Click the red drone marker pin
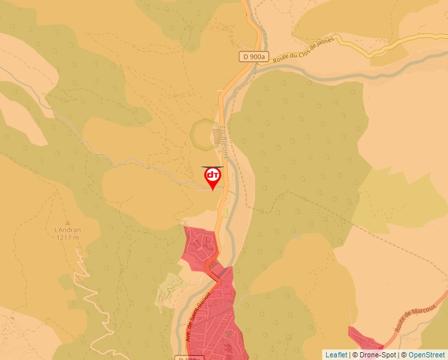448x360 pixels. [212, 178]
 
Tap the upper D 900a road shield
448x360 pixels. [252, 57]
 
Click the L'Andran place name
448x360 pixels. [67, 229]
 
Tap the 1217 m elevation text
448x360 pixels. [67, 237]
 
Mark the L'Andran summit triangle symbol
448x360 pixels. [67, 222]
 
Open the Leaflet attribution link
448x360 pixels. [336, 355]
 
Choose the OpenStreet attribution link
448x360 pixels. [427, 355]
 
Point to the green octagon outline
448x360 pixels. [202, 134]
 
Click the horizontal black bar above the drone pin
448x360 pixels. [212, 167]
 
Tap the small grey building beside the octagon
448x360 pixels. [217, 136]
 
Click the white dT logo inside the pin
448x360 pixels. [212, 175]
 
